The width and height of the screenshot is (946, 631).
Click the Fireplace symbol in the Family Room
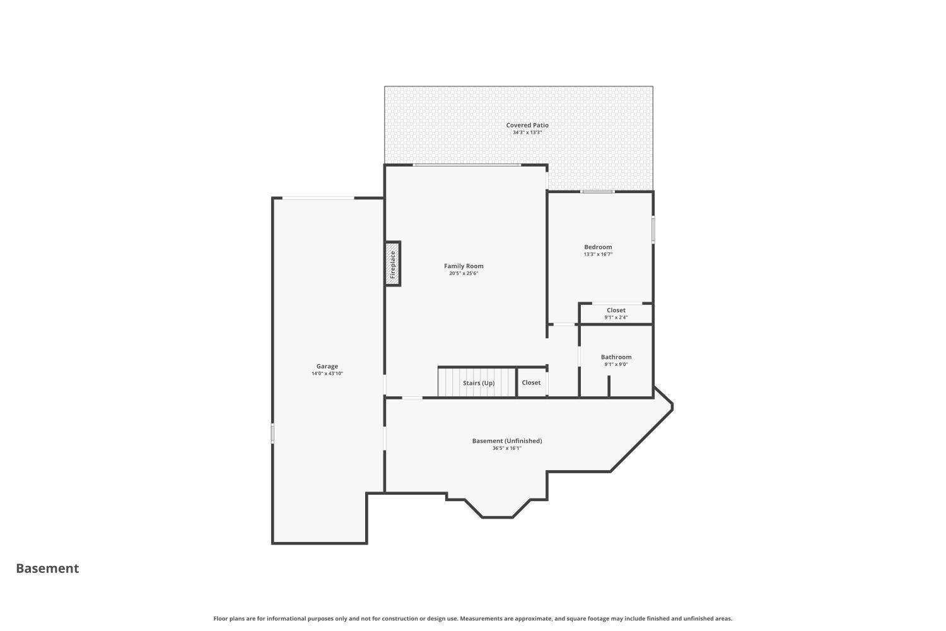(x=393, y=264)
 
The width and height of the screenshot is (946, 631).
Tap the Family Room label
(x=464, y=266)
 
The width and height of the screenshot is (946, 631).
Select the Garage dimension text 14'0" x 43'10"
(x=327, y=374)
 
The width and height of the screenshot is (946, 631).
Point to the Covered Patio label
(x=527, y=125)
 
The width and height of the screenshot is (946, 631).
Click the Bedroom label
(x=598, y=247)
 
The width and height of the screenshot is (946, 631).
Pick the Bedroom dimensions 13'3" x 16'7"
(x=598, y=254)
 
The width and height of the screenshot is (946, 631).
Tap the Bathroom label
(x=616, y=357)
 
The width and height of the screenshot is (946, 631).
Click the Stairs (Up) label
(x=479, y=384)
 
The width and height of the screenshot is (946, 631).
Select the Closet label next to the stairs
(x=531, y=383)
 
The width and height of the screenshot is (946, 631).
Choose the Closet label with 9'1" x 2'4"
(x=616, y=310)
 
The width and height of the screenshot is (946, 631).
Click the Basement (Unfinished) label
(x=507, y=441)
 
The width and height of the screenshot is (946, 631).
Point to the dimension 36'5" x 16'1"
(x=507, y=448)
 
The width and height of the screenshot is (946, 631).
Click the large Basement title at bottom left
(x=47, y=569)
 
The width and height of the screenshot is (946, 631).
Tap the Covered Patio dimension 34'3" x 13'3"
(x=527, y=133)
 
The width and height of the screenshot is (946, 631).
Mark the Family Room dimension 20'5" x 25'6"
(x=464, y=273)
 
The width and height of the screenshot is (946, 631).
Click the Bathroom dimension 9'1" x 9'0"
(x=616, y=364)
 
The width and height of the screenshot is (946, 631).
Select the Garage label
(x=327, y=367)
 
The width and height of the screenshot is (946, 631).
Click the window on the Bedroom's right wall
(x=653, y=230)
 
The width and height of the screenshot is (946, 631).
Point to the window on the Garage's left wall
(x=272, y=433)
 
